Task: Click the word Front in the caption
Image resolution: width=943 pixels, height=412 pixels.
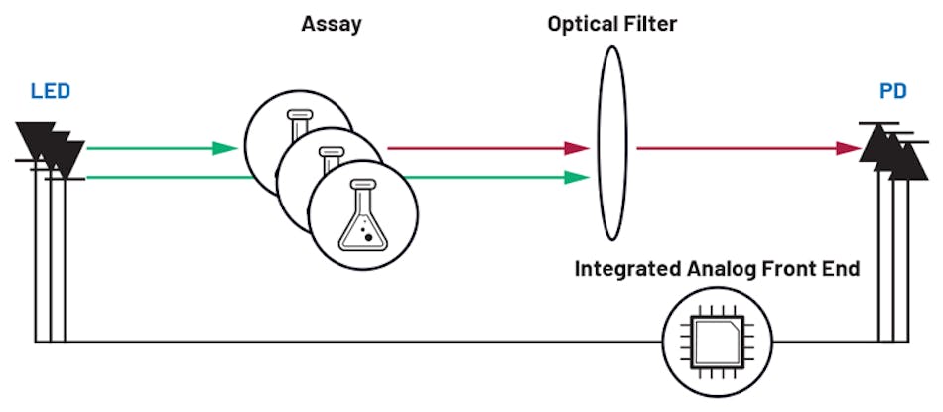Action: pos(794,270)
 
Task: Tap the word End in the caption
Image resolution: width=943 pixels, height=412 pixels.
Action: pos(844,270)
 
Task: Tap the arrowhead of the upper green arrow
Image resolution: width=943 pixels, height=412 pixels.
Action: pos(226,149)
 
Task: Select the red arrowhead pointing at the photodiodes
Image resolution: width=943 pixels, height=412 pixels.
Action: pos(849,149)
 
